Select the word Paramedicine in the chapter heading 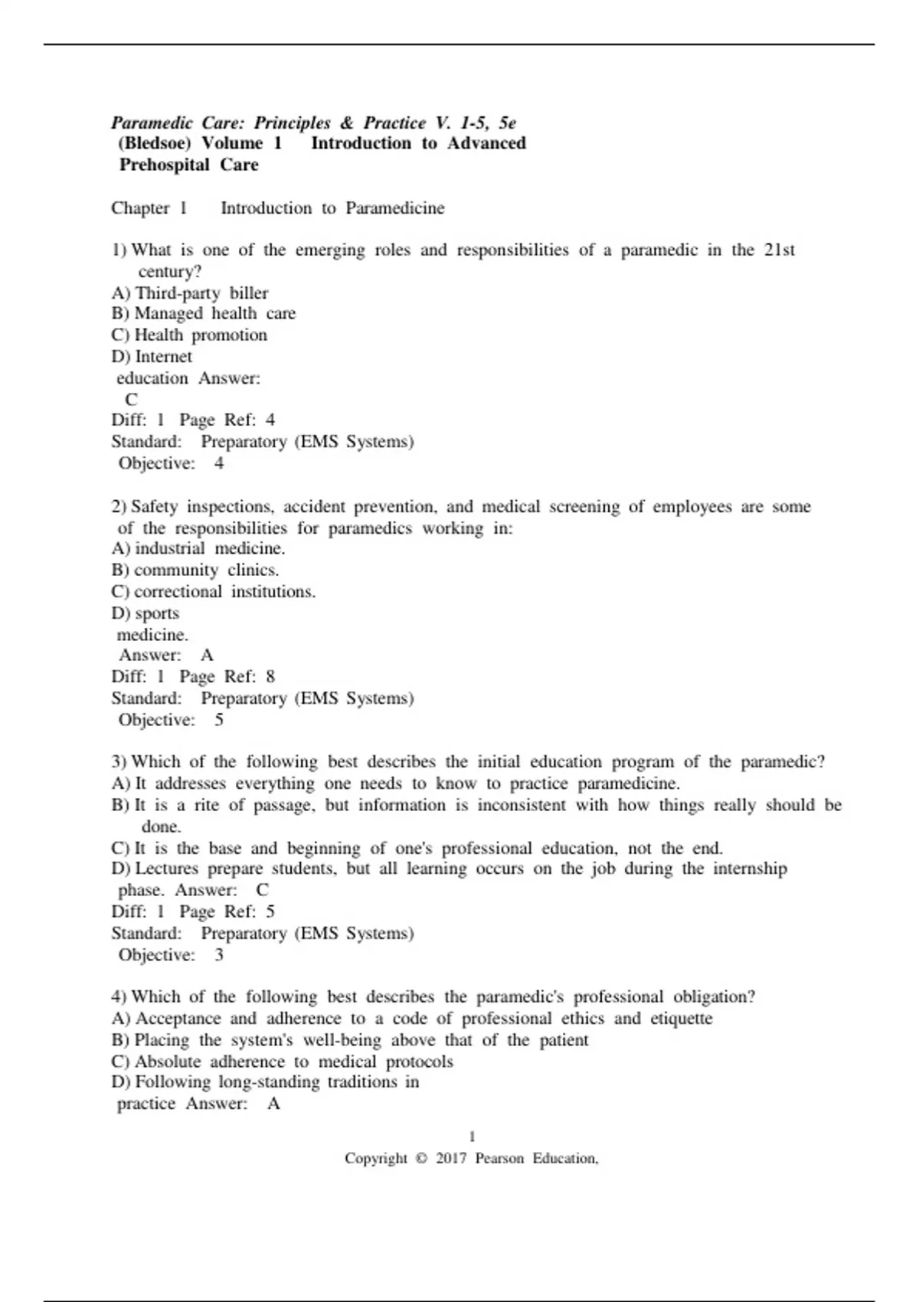(x=394, y=208)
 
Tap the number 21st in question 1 (x=780, y=250)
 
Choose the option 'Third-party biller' (x=201, y=293)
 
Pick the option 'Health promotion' (x=201, y=335)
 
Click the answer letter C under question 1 (x=132, y=400)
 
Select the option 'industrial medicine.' (x=210, y=548)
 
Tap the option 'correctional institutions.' (x=224, y=592)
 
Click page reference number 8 (x=270, y=677)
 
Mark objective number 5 (x=219, y=720)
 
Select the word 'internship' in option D (x=750, y=869)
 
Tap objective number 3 (x=220, y=955)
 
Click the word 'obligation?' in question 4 (x=714, y=997)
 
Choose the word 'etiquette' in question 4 (x=681, y=1019)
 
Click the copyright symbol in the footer (x=421, y=1159)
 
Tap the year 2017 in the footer (x=451, y=1159)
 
